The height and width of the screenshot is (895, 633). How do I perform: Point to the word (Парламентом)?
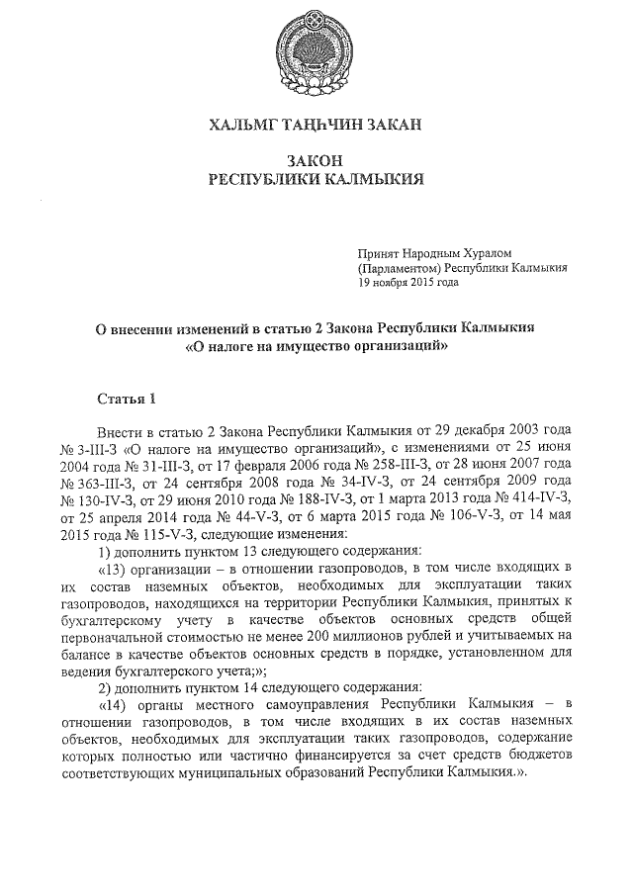pyautogui.click(x=400, y=268)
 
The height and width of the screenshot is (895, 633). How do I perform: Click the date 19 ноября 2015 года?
pyautogui.click(x=408, y=282)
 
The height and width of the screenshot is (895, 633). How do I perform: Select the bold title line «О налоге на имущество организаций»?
pyautogui.click(x=316, y=346)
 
